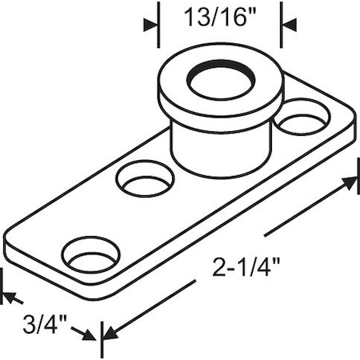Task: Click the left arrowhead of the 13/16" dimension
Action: [150, 25]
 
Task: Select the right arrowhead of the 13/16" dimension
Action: [289, 25]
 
